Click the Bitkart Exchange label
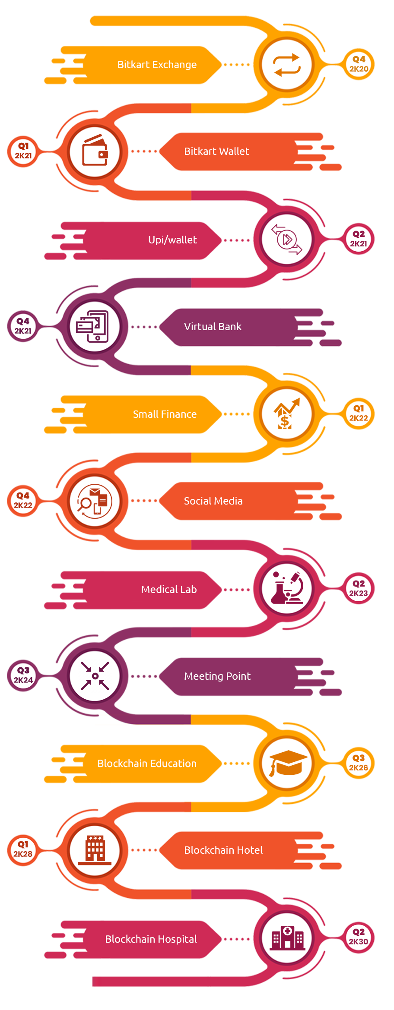pyautogui.click(x=157, y=65)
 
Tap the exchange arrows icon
pyautogui.click(x=286, y=65)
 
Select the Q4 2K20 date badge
pyautogui.click(x=359, y=64)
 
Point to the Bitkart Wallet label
pyautogui.click(x=216, y=151)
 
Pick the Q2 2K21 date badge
pyautogui.click(x=359, y=239)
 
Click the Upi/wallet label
pyautogui.click(x=172, y=240)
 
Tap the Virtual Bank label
pyautogui.click(x=213, y=327)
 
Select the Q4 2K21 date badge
pyautogui.click(x=23, y=326)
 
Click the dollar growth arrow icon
pyautogui.click(x=286, y=413)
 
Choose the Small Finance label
pyautogui.click(x=165, y=414)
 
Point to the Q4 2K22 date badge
pyautogui.click(x=23, y=501)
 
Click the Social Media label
pyautogui.click(x=213, y=501)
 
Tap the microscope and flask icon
pyautogui.click(x=287, y=588)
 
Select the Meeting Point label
pyautogui.click(x=217, y=676)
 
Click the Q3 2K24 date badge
pyautogui.click(x=23, y=675)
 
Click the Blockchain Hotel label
pyautogui.click(x=223, y=850)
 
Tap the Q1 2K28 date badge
pyautogui.click(x=23, y=849)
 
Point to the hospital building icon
pyautogui.click(x=287, y=938)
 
